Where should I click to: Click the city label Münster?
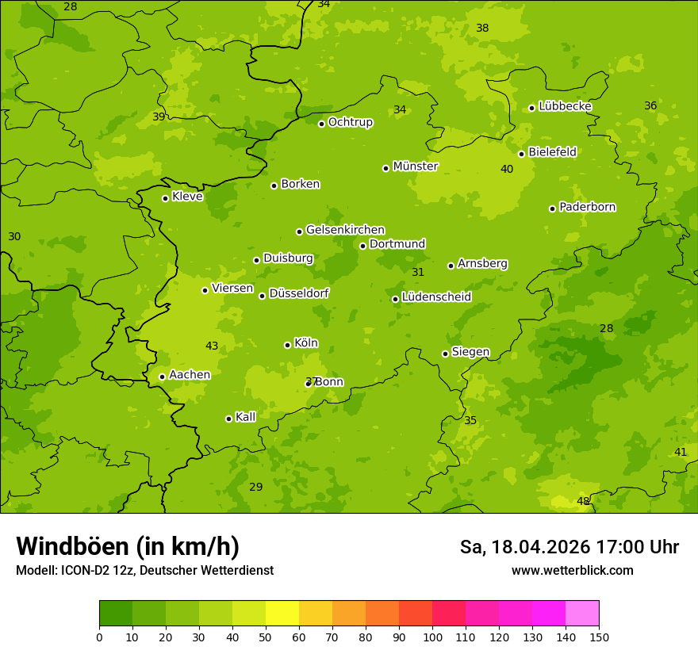point(415,166)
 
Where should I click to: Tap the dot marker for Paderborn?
point(553,208)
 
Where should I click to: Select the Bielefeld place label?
point(552,152)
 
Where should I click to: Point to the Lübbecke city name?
point(565,106)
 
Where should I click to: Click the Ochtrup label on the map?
point(350,122)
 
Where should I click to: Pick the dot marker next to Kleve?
point(166,198)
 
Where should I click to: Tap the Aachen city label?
point(190,375)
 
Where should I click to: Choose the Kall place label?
point(245,417)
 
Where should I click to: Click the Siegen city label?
point(470,352)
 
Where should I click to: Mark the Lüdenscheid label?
point(436,297)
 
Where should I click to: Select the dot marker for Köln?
point(288,345)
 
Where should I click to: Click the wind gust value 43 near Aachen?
point(212,346)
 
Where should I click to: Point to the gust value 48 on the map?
point(583,501)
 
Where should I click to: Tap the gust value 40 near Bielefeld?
point(507,169)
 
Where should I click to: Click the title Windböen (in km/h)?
point(128,546)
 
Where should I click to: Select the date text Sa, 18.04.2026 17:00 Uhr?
point(569,547)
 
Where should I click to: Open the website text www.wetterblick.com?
point(572,570)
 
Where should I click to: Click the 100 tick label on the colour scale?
point(432,637)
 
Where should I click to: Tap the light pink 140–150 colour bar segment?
point(582,614)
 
